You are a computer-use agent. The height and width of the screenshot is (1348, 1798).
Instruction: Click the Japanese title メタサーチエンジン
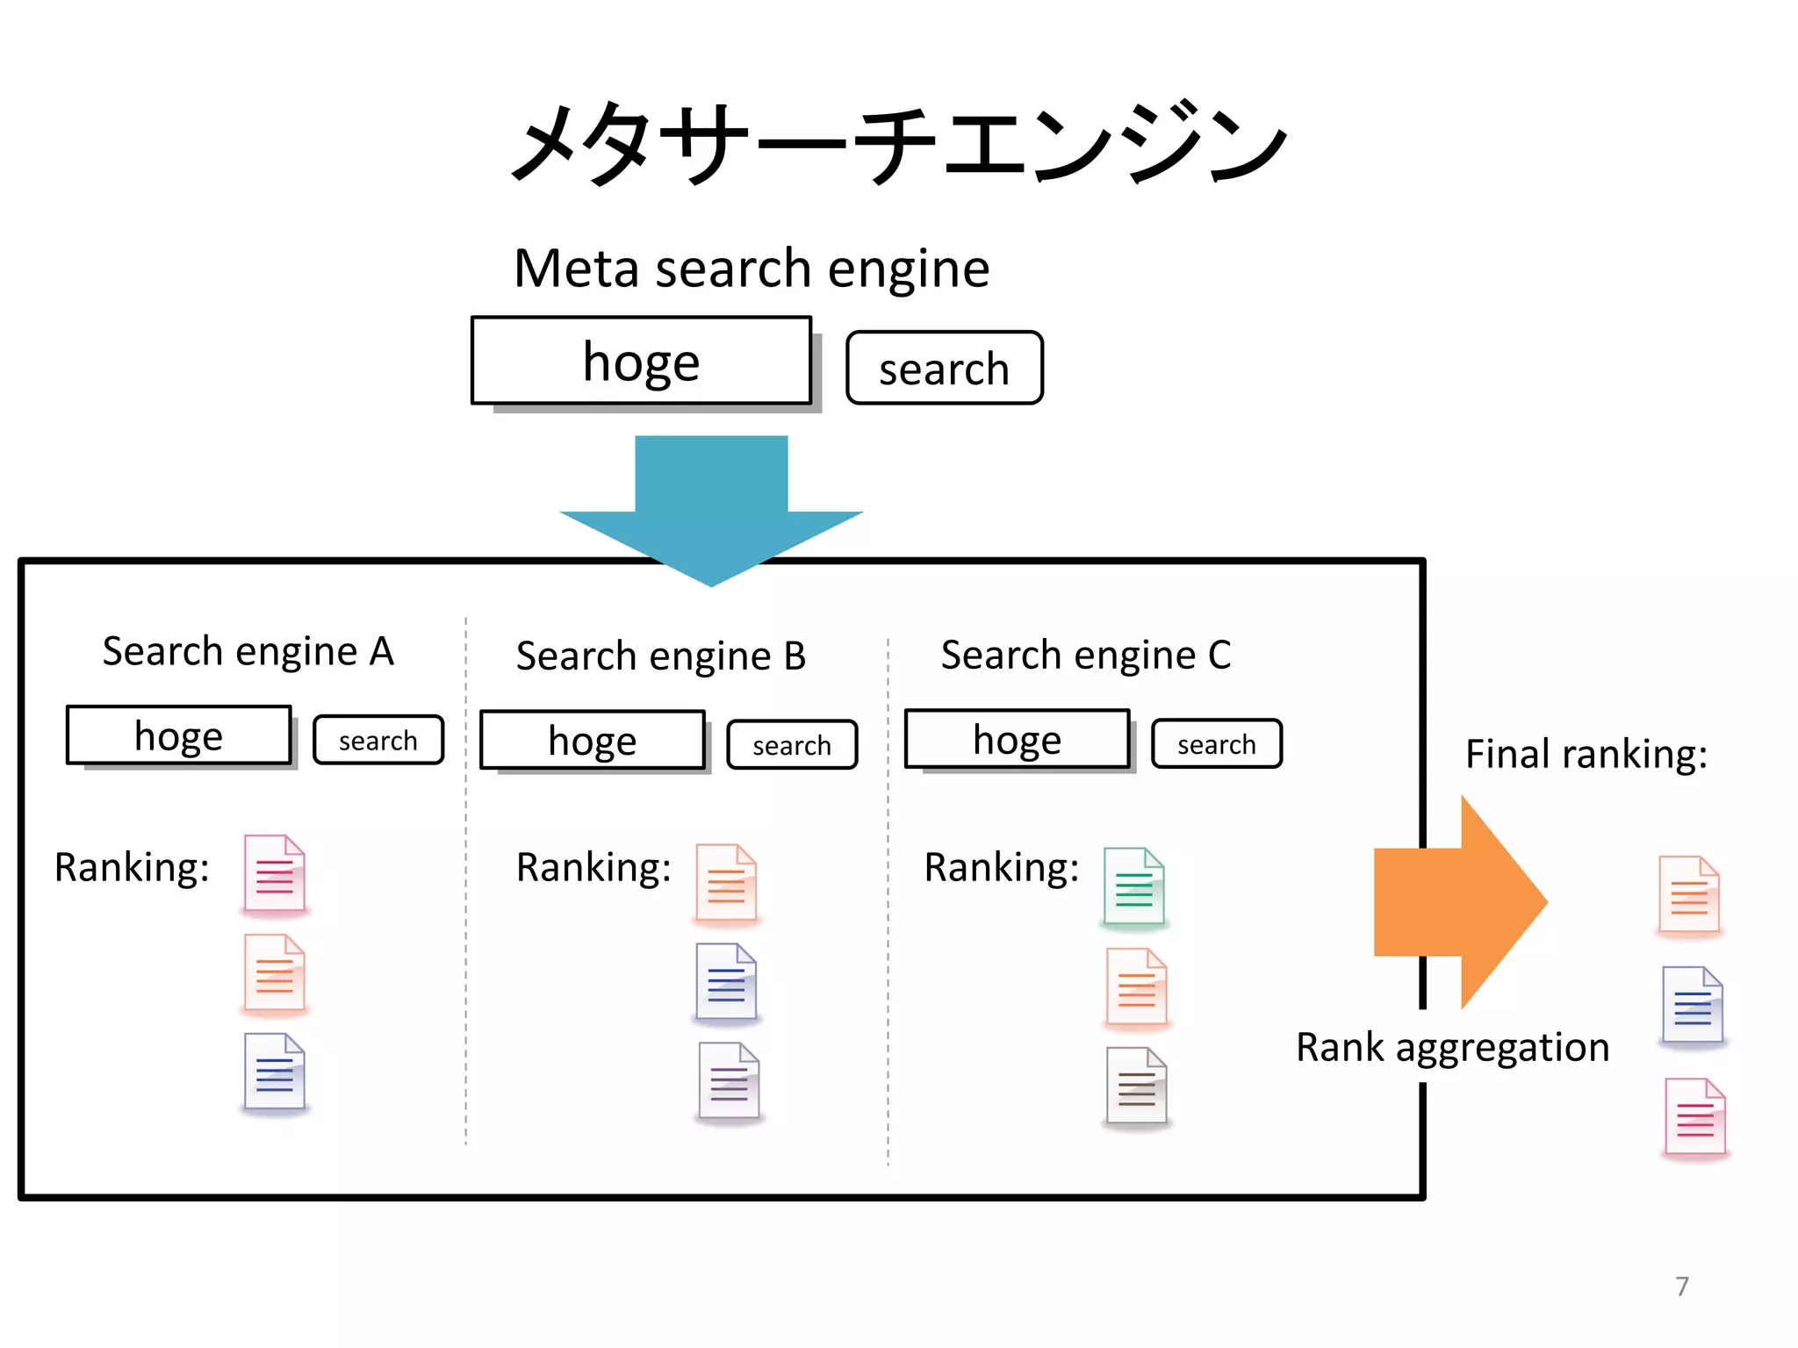pos(898,143)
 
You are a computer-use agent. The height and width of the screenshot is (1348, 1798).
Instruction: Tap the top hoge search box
pos(641,362)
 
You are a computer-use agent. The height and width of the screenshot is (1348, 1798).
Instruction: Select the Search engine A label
pos(248,651)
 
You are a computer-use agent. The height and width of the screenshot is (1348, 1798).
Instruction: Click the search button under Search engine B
pos(792,745)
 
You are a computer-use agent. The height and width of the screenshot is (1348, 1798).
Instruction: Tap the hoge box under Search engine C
pos(1017,740)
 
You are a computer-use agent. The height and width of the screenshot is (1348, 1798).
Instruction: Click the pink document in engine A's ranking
pos(275,874)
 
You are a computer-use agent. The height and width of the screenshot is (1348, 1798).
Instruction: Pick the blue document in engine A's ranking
pos(275,1072)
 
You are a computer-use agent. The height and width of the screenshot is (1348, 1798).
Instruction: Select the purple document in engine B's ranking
pos(729,1081)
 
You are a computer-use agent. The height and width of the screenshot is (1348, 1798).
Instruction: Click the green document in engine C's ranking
pos(1134,886)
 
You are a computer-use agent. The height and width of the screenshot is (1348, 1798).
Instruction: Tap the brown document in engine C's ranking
pos(1137,1086)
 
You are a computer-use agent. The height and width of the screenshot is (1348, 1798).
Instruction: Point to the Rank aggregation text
pos(1453,1047)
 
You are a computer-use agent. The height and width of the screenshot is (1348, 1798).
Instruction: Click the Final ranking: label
pos(1586,754)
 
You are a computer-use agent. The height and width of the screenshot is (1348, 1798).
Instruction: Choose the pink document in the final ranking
pos(1695,1117)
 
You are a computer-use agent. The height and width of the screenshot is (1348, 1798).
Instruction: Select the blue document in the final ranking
pos(1693,1005)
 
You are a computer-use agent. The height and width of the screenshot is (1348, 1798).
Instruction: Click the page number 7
pos(1682,1287)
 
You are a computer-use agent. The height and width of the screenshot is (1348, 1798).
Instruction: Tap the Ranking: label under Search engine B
pos(593,867)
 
